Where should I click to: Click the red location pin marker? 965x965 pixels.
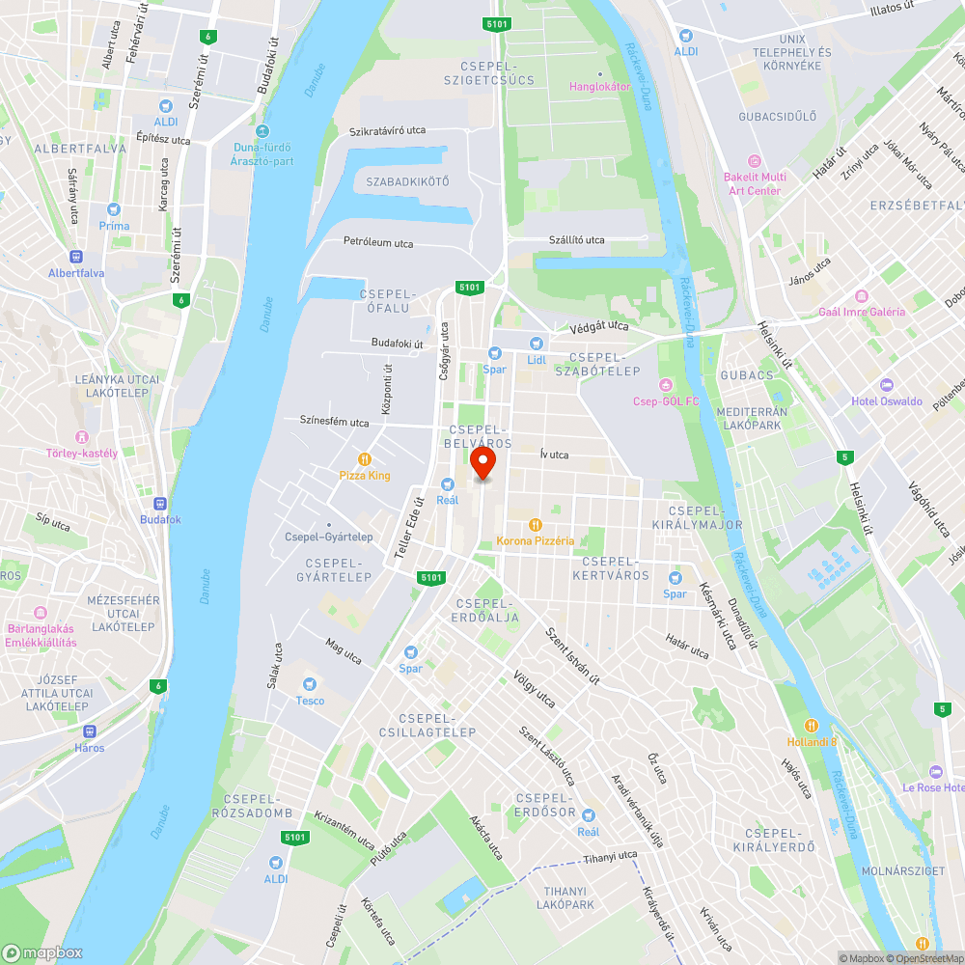coord(482,466)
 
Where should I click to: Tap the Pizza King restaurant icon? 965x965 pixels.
coord(365,459)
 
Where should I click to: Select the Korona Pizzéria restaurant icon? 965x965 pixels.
coord(535,525)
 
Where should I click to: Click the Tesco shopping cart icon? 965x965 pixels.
coord(310,683)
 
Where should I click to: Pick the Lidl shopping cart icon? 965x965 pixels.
coord(537,343)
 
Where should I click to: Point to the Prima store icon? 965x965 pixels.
coord(114,209)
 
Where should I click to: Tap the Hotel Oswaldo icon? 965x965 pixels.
coord(886,385)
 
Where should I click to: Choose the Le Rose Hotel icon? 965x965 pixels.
coord(934,771)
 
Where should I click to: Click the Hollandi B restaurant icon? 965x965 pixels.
coord(812,726)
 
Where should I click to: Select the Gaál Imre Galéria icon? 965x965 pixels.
coord(862,295)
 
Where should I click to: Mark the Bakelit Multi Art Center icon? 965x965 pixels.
coord(755,161)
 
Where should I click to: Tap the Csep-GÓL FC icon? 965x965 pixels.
coord(665,384)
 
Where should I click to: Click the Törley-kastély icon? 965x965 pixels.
coord(82,437)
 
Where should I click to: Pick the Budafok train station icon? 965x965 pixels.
coord(160,503)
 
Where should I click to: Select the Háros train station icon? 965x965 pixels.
coord(90,731)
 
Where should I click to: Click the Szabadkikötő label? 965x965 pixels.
coord(407,181)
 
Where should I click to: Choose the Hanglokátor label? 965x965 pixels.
coord(600,86)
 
